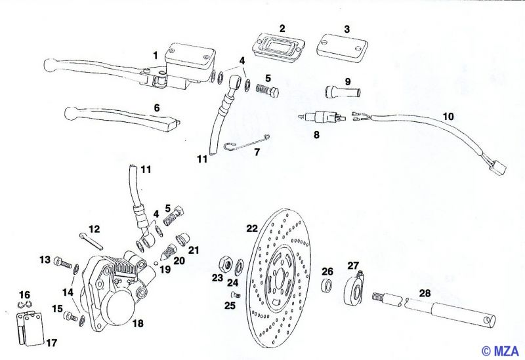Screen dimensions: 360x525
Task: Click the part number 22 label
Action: [252, 229]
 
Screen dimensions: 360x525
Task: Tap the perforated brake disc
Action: [282, 282]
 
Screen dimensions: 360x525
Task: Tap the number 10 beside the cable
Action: [448, 116]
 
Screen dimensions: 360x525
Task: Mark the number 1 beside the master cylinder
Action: [156, 55]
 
